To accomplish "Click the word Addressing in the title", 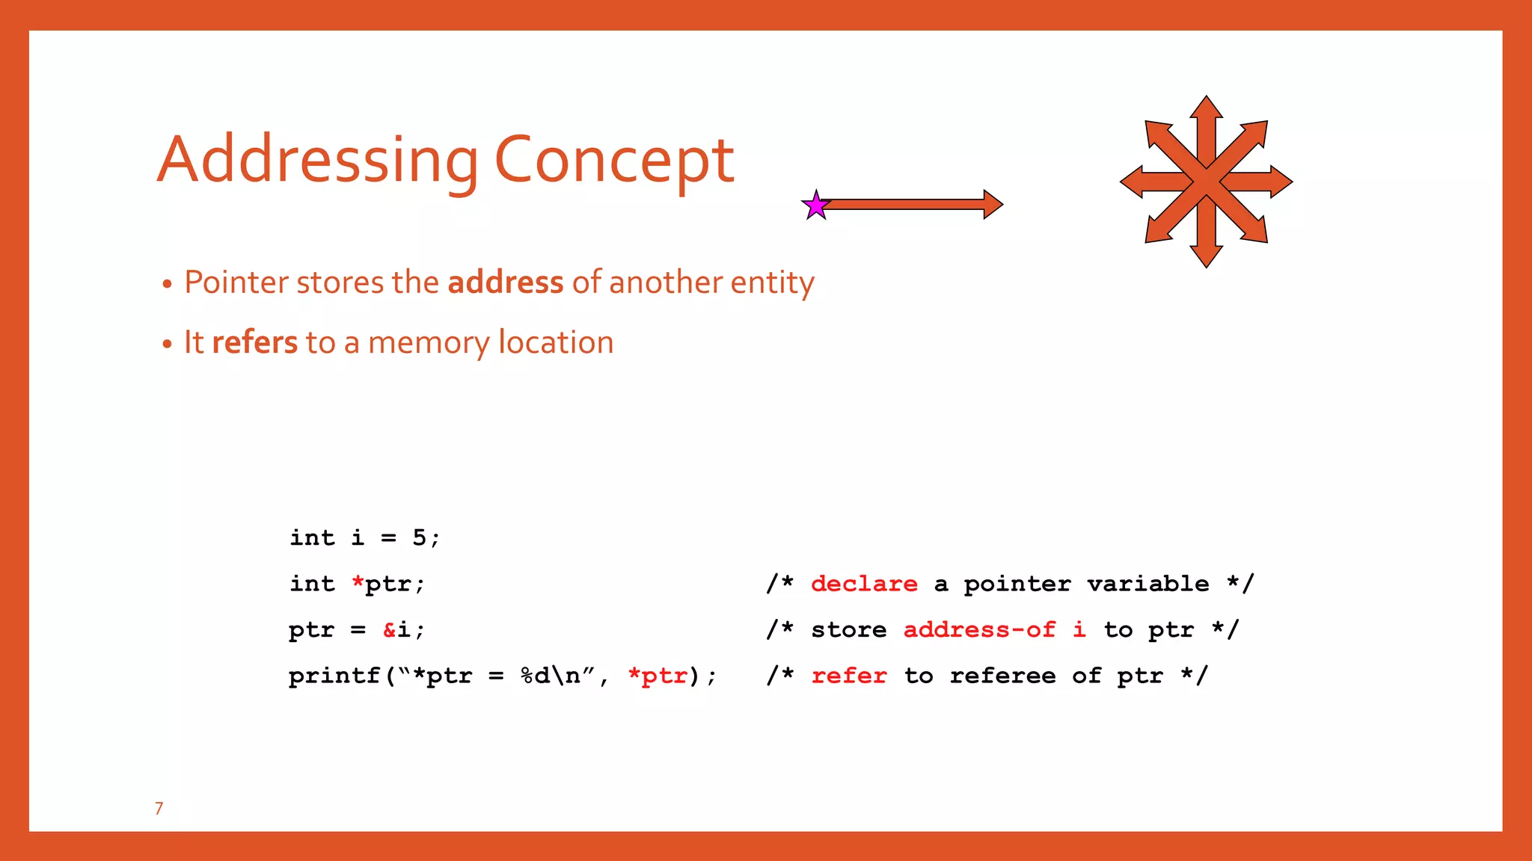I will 318,161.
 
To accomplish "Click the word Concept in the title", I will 614,161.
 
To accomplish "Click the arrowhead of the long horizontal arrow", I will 992,204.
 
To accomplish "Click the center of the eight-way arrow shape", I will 1206,182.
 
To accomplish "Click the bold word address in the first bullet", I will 505,283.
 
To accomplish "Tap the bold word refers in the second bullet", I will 254,342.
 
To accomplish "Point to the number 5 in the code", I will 419,537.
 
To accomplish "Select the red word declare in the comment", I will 864,584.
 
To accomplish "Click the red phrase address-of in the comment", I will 979,630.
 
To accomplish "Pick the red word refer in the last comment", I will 849,676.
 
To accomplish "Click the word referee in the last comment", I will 1002,676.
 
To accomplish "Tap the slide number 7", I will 159,808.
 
